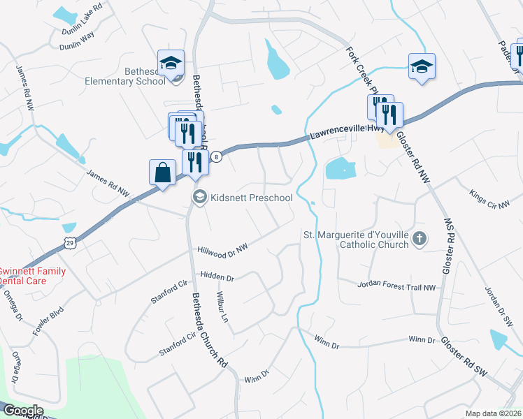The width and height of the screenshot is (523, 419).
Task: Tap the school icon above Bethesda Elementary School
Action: tap(171, 64)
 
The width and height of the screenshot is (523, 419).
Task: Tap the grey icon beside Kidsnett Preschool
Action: tap(199, 198)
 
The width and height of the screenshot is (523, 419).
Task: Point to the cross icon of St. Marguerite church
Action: tap(419, 240)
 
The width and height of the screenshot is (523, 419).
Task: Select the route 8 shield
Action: tap(217, 156)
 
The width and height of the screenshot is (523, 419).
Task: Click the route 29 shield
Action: tap(69, 242)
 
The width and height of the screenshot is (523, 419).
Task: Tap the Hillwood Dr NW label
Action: tap(223, 248)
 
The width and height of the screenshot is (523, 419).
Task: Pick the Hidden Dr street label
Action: tap(217, 277)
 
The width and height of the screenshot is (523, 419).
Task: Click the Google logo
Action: tap(22, 411)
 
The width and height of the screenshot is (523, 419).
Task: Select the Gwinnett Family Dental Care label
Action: tap(31, 276)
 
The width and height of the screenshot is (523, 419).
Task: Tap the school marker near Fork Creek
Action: tap(422, 67)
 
